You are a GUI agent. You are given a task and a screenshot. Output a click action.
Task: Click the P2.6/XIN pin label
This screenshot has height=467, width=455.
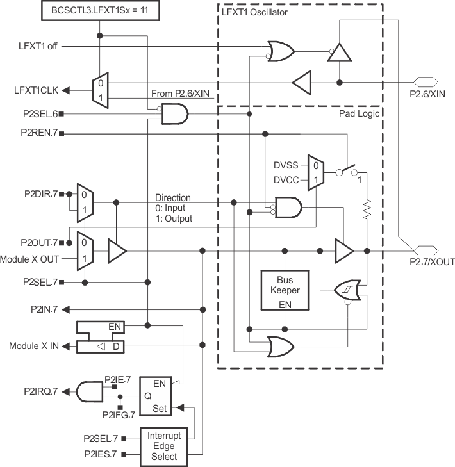pos(427,94)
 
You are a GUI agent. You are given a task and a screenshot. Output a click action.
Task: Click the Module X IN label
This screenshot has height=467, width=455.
pos(33,346)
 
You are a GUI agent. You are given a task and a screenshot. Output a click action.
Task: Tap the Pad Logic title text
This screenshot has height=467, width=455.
pos(360,113)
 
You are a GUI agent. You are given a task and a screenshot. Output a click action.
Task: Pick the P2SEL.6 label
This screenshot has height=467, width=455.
pos(40,113)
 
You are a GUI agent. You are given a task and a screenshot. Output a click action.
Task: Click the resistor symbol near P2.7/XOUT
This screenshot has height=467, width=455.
pos(367,209)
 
